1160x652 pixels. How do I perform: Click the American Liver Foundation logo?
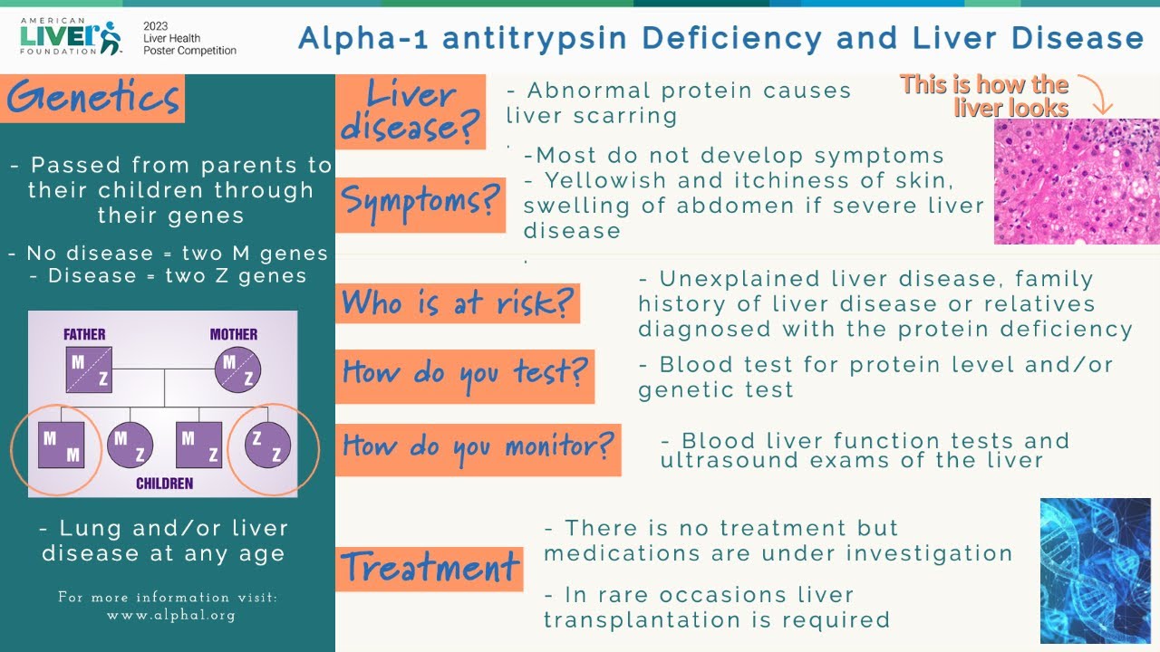coord(71,36)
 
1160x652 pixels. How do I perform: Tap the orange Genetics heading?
coord(94,99)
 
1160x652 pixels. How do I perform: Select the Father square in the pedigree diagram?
coord(89,369)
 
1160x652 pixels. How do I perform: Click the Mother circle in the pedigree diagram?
coord(237,369)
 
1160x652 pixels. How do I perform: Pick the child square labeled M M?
coord(62,445)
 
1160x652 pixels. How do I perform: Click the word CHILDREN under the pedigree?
coord(164,484)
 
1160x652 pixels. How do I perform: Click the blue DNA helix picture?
coord(1095,570)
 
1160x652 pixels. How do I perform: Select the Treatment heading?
coord(430,569)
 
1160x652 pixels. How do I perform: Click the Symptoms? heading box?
coord(420,205)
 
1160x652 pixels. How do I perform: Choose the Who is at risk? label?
coord(458,303)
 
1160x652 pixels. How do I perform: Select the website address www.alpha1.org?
coord(170,615)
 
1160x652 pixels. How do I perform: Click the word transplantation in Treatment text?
coord(634,620)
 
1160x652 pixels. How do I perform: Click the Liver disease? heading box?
coord(411,111)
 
